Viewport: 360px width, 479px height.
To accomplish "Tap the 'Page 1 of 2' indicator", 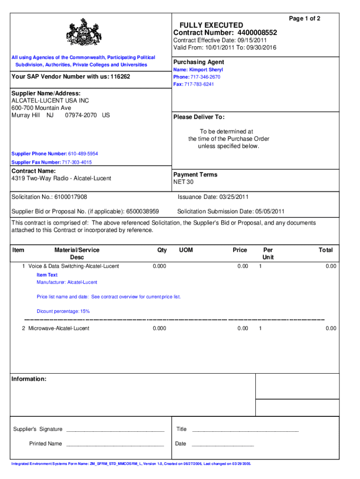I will pyautogui.click(x=304, y=18).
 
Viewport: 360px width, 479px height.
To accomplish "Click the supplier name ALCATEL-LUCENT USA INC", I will pyautogui.click(x=50, y=101).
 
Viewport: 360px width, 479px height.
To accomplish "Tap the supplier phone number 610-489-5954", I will pyautogui.click(x=83, y=154).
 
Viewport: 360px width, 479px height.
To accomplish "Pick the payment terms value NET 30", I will pyautogui.click(x=183, y=182).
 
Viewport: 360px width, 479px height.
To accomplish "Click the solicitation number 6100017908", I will pyautogui.click(x=71, y=197).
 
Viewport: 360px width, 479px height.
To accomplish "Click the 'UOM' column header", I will pyautogui.click(x=186, y=250).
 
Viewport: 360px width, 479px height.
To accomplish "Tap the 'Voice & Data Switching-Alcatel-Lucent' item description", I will pyautogui.click(x=73, y=266).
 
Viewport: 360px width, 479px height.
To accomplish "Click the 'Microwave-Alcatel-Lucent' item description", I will pyautogui.click(x=59, y=328).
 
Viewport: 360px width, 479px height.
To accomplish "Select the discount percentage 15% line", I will pyautogui.click(x=63, y=311).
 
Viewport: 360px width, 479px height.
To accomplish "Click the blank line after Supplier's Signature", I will pyautogui.click(x=115, y=429).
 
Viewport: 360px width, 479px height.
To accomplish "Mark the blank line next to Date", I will pyautogui.click(x=223, y=444).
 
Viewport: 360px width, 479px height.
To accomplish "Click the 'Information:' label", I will pyautogui.click(x=29, y=379).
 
